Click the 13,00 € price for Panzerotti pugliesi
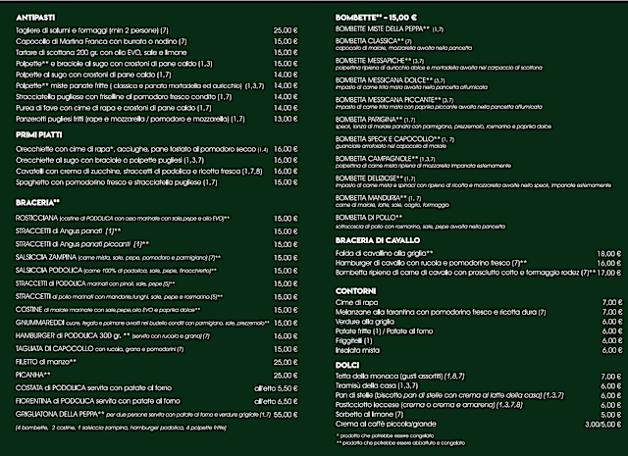coord(285,118)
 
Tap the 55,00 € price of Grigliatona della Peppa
coord(285,416)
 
